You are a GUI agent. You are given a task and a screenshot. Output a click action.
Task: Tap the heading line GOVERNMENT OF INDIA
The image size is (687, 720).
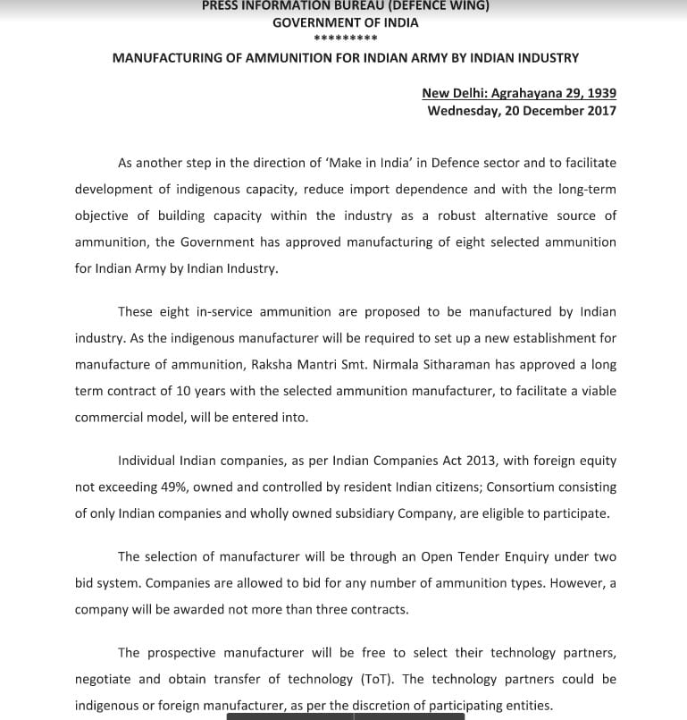coord(345,22)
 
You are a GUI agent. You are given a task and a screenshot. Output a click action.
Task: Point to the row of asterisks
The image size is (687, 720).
coord(345,39)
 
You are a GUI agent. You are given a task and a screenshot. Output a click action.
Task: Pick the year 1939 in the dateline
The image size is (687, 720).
coord(598,93)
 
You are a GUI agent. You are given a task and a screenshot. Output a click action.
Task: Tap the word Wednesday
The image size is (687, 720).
coord(465,111)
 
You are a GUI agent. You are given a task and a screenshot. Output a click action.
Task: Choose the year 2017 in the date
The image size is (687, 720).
coord(598,111)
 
